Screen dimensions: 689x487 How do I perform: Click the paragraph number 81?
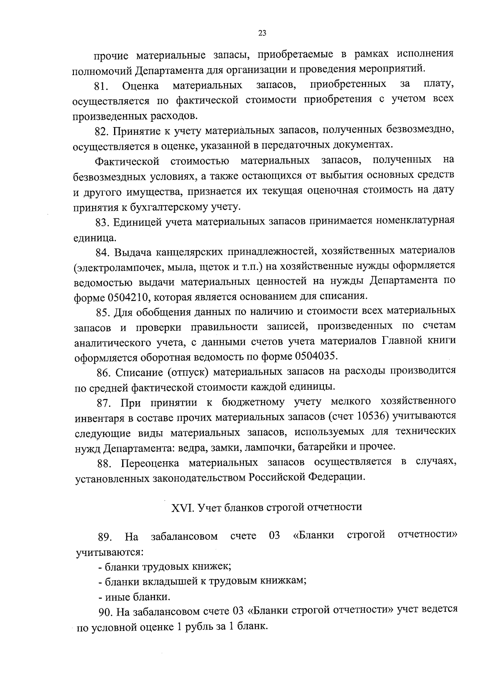pos(100,86)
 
